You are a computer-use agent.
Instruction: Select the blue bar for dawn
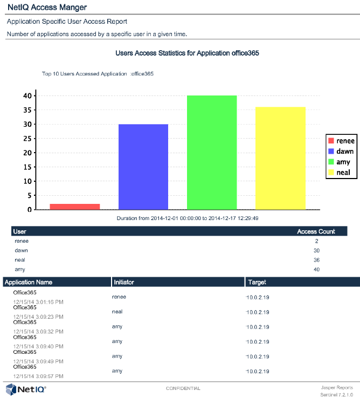click(x=143, y=167)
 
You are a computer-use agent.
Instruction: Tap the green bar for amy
click(x=212, y=152)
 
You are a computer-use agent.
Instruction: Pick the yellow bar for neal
click(x=280, y=158)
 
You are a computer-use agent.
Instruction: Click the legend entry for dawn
click(x=340, y=152)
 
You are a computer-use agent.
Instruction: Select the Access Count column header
click(x=316, y=231)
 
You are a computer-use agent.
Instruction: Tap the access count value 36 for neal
click(x=316, y=260)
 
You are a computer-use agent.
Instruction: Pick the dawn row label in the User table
click(x=22, y=251)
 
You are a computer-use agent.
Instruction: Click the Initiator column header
click(x=123, y=282)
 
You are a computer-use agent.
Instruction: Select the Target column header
click(x=257, y=282)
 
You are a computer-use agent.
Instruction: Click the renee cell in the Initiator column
click(x=119, y=297)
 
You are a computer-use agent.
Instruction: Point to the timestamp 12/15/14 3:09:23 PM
click(x=38, y=317)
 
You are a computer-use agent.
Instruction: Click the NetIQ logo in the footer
click(x=26, y=389)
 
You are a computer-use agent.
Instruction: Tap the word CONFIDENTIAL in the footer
click(x=183, y=388)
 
